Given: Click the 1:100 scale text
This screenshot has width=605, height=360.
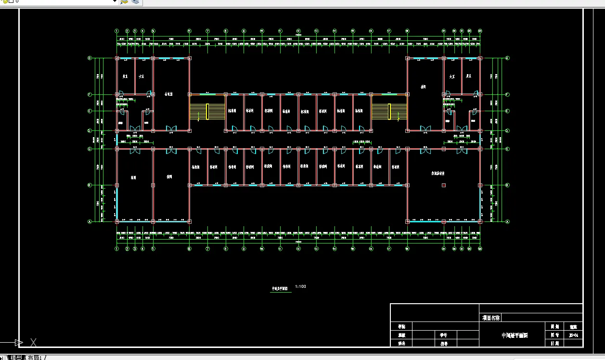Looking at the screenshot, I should [300, 287].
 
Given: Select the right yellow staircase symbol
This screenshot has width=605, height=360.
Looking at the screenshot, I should [380, 111].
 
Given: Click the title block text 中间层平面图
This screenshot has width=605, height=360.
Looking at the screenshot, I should [515, 335].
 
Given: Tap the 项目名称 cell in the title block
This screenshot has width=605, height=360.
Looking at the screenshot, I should [491, 318].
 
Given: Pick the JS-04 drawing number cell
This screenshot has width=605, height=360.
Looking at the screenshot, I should [573, 335].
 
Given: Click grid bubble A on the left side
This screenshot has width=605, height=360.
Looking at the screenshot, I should [90, 221].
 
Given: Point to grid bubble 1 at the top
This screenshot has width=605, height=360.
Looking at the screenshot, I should [117, 31].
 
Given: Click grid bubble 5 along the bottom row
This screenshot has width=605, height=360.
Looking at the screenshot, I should [153, 248].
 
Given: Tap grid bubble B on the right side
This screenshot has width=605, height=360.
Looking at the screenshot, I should [507, 185].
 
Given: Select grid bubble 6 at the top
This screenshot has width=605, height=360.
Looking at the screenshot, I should [189, 31].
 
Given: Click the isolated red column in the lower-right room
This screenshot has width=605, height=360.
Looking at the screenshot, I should [444, 185].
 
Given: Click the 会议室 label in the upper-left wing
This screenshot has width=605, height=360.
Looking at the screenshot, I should [168, 94].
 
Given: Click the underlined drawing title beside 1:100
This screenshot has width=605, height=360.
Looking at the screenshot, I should [280, 289].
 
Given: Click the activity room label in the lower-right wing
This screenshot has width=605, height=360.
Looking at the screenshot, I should [437, 173].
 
